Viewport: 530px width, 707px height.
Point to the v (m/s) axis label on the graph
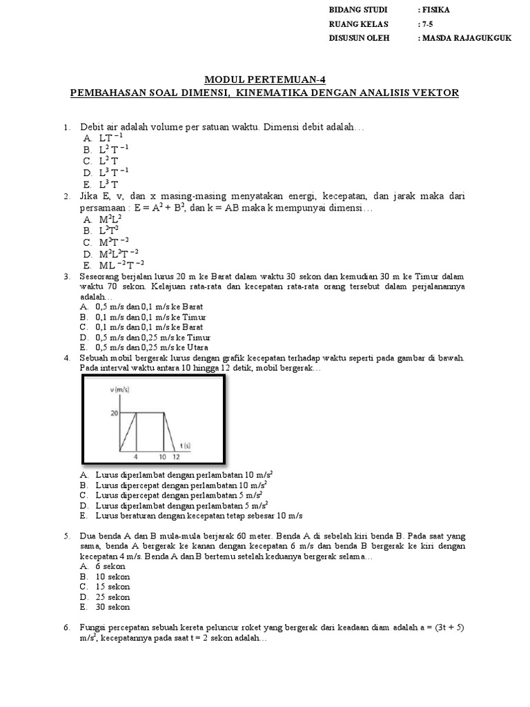119,390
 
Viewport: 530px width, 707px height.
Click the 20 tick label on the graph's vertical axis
114,413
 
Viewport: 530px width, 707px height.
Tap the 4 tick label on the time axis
137,457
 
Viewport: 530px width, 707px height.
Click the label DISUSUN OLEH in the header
359,38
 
